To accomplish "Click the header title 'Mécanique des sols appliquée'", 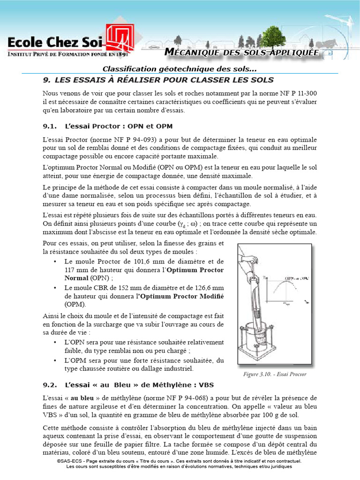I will tap(242, 53).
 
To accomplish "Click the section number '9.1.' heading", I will tap(50, 126).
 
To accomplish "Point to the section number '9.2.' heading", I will tap(50, 385).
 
